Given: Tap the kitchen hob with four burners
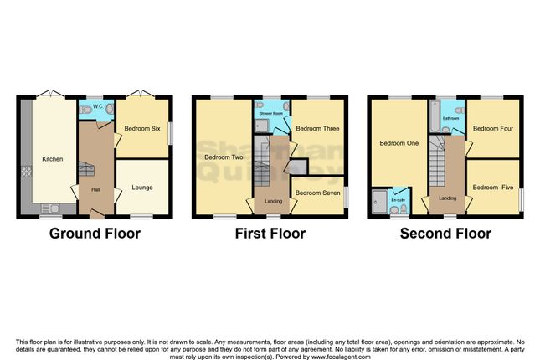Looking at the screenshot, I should pos(26,172).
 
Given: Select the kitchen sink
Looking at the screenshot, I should pos(52,208).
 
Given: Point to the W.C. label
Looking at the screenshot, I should pos(97,106).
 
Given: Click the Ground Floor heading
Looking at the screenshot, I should pos(95,234).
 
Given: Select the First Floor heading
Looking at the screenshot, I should pos(270,234).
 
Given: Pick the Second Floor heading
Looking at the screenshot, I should pos(445,234).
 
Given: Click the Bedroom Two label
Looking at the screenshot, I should pos(222,157).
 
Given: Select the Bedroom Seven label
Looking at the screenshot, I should pos(317,193).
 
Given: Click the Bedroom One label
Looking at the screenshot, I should pos(399,143).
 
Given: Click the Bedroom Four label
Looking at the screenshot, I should pos(492,129).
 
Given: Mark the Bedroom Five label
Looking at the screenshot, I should pos(492,188).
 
